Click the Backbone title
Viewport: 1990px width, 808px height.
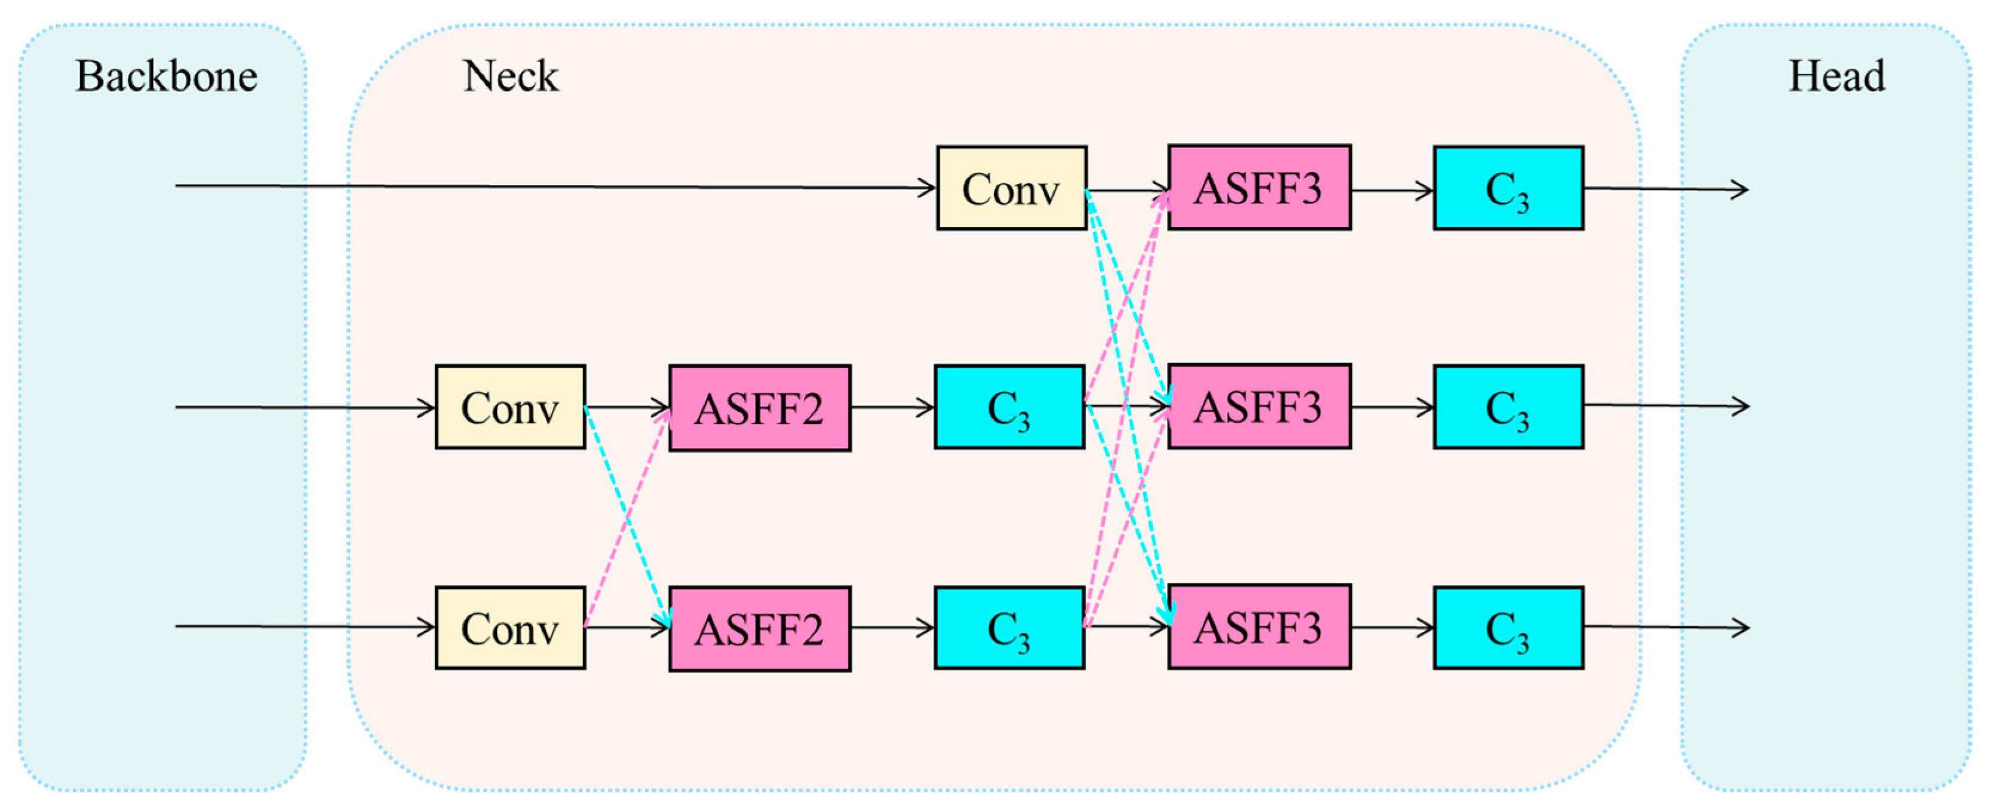(166, 76)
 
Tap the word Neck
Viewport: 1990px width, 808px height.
(510, 76)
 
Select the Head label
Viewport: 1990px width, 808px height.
(1837, 76)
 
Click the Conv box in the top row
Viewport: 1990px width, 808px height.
(1011, 188)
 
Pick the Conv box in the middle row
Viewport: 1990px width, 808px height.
(510, 407)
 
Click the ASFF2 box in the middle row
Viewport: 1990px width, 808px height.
(759, 408)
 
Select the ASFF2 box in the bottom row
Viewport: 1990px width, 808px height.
(759, 629)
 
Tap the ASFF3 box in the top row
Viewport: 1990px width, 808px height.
(1258, 188)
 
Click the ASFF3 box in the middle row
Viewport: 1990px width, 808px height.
(1258, 406)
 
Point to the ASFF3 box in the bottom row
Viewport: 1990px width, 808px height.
(1258, 626)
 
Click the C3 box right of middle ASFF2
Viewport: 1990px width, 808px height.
(1009, 407)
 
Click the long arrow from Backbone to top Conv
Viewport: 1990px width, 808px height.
(541, 186)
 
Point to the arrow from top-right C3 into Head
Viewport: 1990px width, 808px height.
(1661, 189)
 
